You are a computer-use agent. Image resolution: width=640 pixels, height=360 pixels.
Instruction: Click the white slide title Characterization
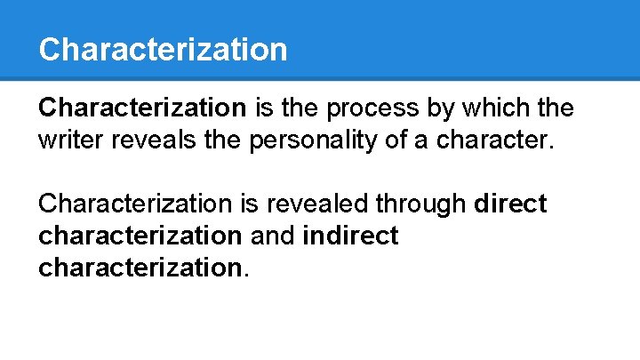[x=163, y=49]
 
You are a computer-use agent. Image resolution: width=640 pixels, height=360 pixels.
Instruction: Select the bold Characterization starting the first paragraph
[x=142, y=108]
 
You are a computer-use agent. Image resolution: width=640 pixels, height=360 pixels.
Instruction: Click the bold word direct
[x=511, y=204]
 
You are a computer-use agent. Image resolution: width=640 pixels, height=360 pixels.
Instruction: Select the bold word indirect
[x=350, y=236]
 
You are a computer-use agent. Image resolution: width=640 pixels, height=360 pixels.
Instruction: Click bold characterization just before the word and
[x=140, y=236]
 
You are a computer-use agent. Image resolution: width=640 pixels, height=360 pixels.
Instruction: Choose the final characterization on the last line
[x=140, y=268]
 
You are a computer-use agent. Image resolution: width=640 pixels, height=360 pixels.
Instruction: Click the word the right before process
[x=304, y=108]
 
